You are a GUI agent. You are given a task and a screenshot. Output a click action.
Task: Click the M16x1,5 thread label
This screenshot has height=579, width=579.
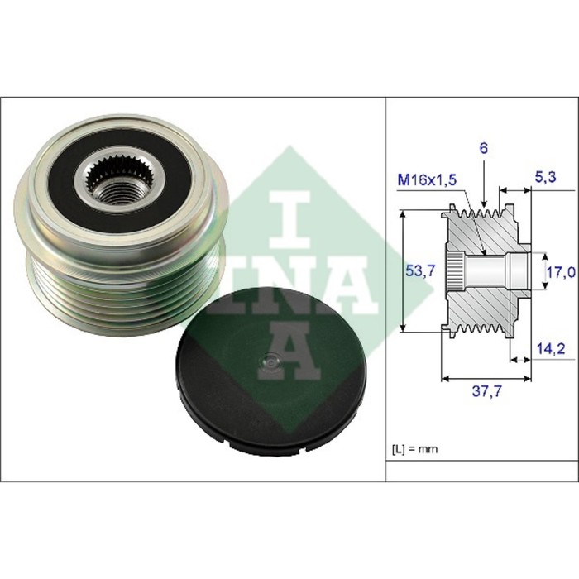(x=427, y=180)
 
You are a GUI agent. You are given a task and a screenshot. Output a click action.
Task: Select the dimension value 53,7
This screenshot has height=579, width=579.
(x=420, y=271)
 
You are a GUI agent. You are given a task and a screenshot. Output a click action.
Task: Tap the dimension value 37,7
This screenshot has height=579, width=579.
(x=487, y=391)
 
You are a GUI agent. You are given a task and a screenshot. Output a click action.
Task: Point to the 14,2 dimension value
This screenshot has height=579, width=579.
(x=550, y=348)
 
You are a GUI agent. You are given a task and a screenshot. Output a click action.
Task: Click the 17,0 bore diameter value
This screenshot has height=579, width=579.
(x=561, y=272)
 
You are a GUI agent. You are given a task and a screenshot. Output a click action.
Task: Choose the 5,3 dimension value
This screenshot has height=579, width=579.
(x=545, y=178)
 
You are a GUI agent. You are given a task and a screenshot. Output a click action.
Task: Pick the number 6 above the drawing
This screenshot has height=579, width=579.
(x=483, y=148)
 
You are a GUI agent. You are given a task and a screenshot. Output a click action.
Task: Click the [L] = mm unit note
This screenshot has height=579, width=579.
(x=414, y=449)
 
